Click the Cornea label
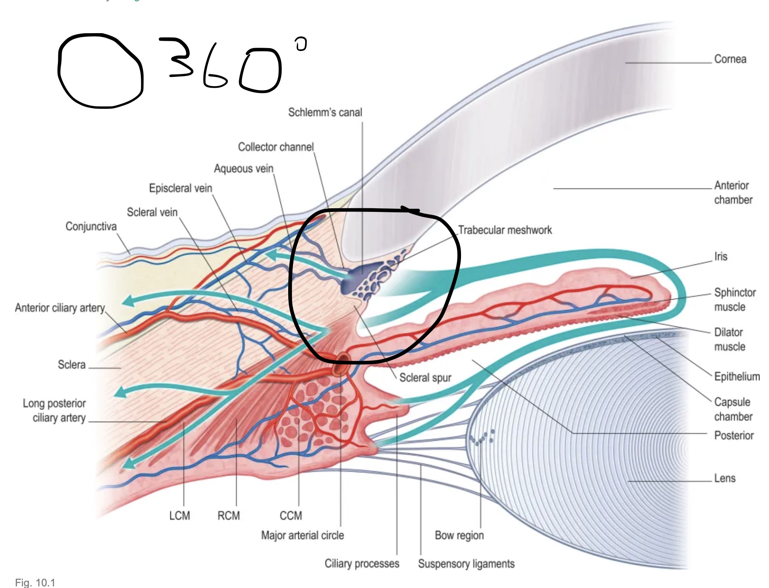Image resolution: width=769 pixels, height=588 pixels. [x=730, y=59]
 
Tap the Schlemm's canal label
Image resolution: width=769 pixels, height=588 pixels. [x=325, y=112]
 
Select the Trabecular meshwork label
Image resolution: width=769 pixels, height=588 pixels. [x=505, y=230]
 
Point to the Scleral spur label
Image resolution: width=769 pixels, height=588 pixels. [x=425, y=378]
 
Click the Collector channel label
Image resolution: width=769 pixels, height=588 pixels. [x=276, y=147]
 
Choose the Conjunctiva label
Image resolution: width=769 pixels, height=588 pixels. [x=91, y=226]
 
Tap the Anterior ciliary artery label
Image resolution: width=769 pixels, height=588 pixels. [x=60, y=308]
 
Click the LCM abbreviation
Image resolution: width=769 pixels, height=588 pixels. [x=179, y=516]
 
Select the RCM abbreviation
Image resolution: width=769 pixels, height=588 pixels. [x=229, y=516]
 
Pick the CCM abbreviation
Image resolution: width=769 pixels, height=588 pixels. [x=291, y=516]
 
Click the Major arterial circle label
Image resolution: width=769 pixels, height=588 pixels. [x=302, y=535]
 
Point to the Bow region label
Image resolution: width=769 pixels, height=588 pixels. [x=459, y=535]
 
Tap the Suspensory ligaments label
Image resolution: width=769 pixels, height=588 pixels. [x=466, y=564]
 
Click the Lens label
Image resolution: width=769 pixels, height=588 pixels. [x=724, y=478]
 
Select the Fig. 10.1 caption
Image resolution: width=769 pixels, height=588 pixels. [x=35, y=583]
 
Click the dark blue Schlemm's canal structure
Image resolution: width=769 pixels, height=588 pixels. [x=356, y=277]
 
